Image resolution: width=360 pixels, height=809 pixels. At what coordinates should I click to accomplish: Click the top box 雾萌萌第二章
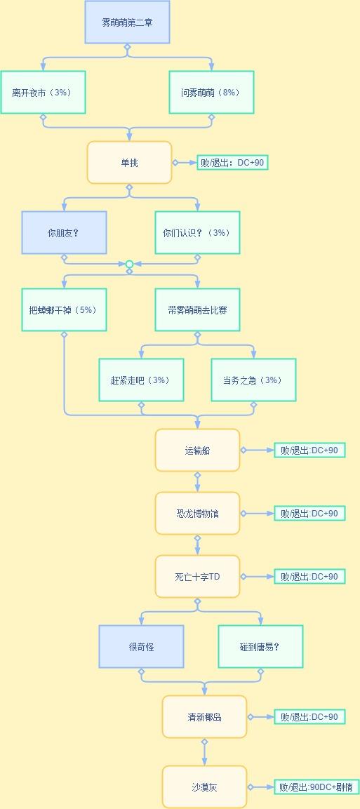click(128, 22)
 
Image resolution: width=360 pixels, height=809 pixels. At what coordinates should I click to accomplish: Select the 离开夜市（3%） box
click(43, 93)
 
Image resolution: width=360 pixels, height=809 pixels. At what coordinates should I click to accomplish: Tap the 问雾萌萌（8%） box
click(211, 93)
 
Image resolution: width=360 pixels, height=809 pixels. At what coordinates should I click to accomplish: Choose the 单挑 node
click(129, 163)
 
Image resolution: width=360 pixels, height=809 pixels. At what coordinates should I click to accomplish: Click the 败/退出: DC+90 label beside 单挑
click(232, 163)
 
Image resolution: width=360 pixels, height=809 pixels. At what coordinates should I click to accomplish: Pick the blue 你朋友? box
click(64, 233)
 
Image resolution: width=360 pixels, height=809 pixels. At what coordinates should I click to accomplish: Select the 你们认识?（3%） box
click(197, 233)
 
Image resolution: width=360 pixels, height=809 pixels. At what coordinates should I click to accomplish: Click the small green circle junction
click(129, 264)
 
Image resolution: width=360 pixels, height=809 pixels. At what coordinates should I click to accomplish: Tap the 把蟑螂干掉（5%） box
click(64, 310)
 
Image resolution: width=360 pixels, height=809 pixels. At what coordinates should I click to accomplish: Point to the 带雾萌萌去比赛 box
click(197, 310)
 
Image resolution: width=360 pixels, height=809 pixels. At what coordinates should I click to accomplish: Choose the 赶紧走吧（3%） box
click(141, 380)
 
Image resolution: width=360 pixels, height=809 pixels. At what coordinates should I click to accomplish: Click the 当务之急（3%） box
click(254, 380)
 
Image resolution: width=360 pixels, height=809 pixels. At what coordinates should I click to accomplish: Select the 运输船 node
click(197, 450)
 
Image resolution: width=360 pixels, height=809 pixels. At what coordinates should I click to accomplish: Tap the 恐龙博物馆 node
click(197, 514)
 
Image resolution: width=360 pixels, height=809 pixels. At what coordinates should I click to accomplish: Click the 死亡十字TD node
click(197, 577)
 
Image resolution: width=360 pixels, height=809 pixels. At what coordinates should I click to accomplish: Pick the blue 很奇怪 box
click(141, 647)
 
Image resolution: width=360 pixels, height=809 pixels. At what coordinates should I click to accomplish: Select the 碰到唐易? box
click(260, 647)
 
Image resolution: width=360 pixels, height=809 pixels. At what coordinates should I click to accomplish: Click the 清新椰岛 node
click(205, 717)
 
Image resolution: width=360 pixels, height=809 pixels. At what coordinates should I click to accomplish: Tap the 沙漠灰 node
click(205, 787)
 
